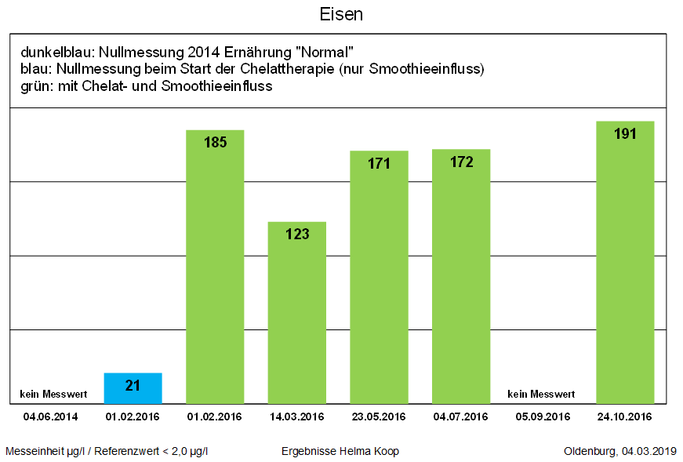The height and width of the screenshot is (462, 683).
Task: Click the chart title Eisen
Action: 341,15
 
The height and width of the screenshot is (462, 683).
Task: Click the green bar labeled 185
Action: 215,267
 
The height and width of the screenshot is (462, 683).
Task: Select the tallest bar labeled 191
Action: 625,262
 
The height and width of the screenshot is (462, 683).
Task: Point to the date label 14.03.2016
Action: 296,417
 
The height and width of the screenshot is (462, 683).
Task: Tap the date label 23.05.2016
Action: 379,417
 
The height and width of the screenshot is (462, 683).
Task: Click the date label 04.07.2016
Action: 461,417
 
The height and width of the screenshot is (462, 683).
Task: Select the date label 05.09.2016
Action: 543,417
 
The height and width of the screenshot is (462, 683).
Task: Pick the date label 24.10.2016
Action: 625,417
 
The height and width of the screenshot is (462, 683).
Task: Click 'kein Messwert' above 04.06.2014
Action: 53,394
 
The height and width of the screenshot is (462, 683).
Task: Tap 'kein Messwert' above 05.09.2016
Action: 541,394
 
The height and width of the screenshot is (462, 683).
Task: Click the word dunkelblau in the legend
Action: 55,53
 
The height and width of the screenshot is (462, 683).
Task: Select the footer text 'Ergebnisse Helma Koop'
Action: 340,451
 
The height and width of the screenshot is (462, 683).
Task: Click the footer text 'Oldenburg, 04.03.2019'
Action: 619,451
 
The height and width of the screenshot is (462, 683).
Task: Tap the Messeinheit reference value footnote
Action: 107,451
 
